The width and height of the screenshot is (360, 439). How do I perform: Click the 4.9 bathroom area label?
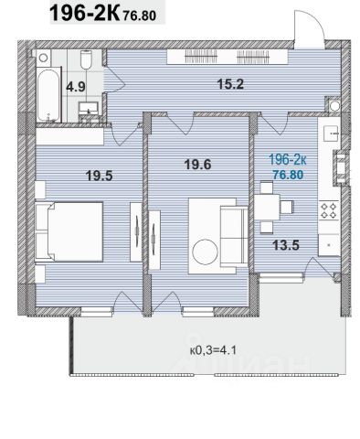(76, 87)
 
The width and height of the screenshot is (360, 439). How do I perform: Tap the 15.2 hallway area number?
(230, 84)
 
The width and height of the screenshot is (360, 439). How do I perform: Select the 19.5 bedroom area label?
(100, 176)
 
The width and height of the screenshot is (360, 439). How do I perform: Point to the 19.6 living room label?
(197, 165)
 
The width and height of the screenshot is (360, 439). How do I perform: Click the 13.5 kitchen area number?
(286, 245)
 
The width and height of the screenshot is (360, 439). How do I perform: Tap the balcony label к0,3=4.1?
(213, 350)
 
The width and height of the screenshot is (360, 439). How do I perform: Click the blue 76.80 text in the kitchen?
(288, 175)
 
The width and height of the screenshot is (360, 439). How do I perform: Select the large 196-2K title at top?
(84, 13)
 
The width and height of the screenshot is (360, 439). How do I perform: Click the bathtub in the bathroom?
(48, 95)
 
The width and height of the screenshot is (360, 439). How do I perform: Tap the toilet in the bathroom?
(87, 59)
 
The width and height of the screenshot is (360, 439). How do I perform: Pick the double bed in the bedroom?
(69, 231)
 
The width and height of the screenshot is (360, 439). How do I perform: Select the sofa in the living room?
(234, 236)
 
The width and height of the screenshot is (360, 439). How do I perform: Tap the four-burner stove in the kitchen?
(330, 210)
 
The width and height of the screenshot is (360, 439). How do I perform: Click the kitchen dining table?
(267, 208)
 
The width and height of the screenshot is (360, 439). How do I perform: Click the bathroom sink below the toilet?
(89, 109)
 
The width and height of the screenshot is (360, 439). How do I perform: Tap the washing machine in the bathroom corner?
(44, 58)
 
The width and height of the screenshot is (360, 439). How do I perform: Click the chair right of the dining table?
(287, 207)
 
